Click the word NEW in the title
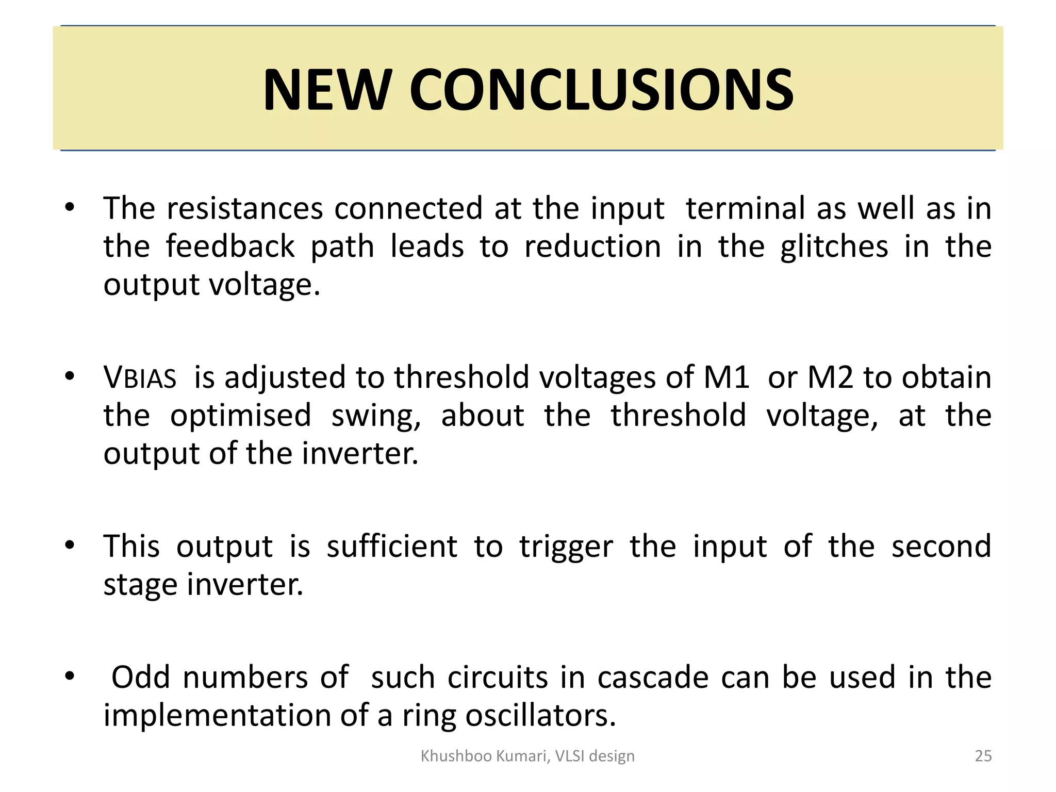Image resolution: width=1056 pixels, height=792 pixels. [325, 90]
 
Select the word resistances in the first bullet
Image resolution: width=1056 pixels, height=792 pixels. [245, 208]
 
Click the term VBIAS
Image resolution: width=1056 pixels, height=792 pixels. [140, 377]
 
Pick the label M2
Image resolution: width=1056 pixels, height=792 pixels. [830, 377]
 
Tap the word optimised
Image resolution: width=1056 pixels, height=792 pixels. [241, 415]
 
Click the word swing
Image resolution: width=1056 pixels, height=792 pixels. [376, 416]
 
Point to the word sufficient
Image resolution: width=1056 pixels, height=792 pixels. [392, 546]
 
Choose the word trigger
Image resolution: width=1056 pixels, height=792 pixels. [566, 547]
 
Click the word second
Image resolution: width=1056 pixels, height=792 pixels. [941, 546]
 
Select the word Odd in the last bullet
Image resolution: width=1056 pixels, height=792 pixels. [140, 677]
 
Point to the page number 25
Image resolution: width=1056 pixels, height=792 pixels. [983, 756]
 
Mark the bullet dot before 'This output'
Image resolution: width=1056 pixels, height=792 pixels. [70, 545]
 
